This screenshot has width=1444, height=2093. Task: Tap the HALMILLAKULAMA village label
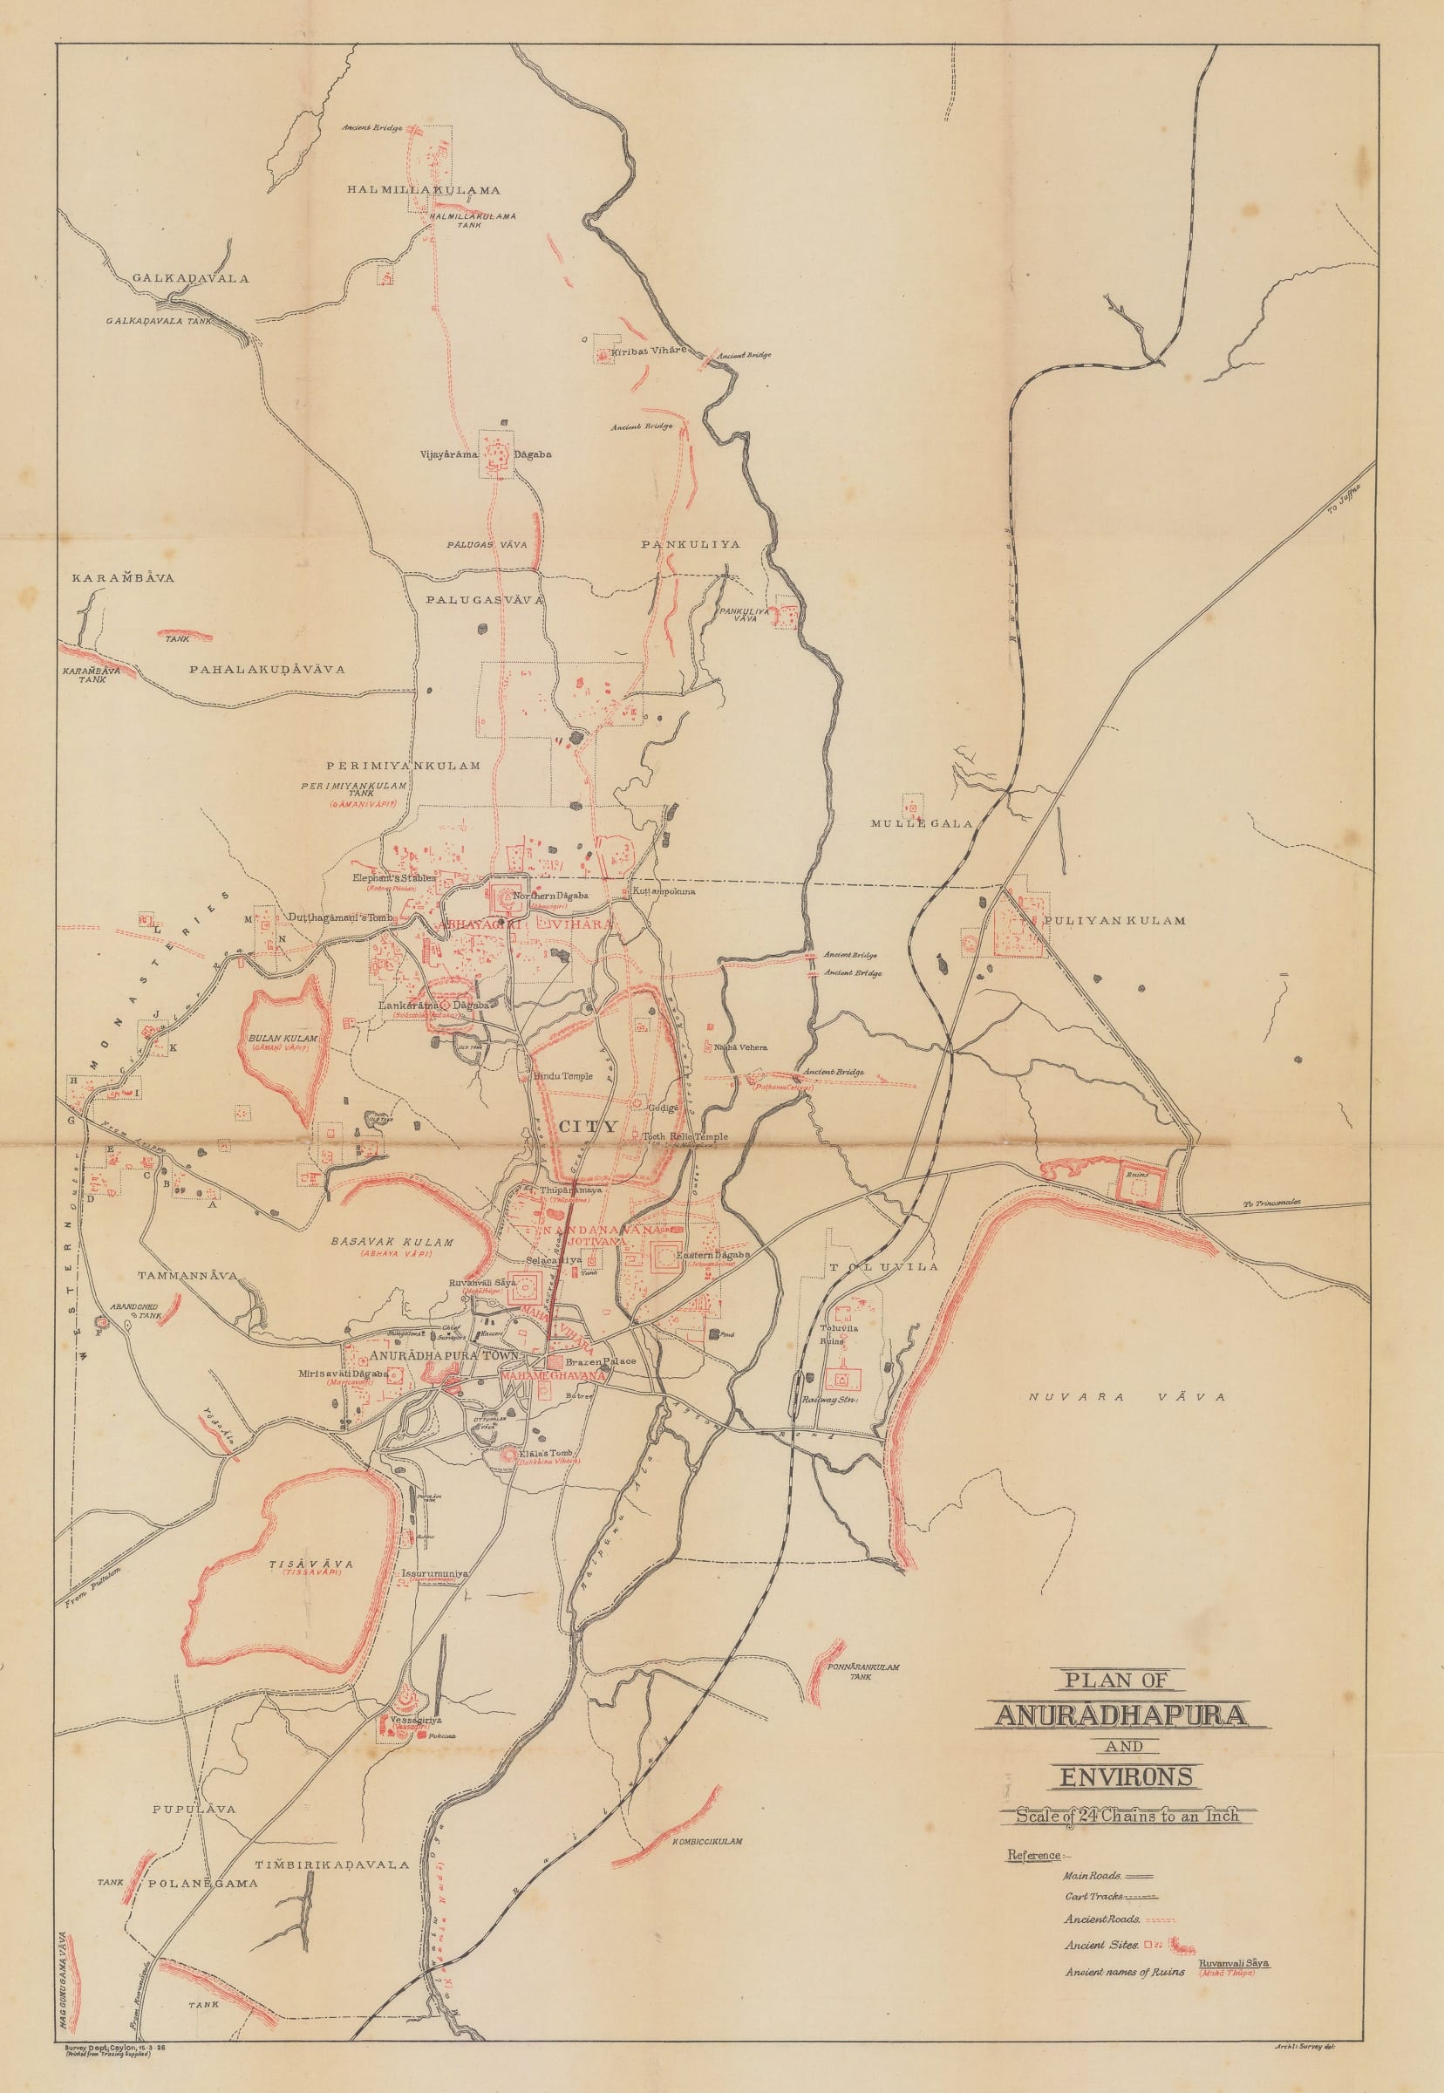424,190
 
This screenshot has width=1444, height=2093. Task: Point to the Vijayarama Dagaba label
485,454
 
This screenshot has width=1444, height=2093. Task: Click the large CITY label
588,1127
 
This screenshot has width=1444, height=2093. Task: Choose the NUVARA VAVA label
1127,1397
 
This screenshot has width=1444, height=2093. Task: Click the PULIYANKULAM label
1114,920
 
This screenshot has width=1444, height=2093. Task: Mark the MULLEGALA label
921,823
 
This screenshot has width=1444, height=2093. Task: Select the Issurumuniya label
435,1573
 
